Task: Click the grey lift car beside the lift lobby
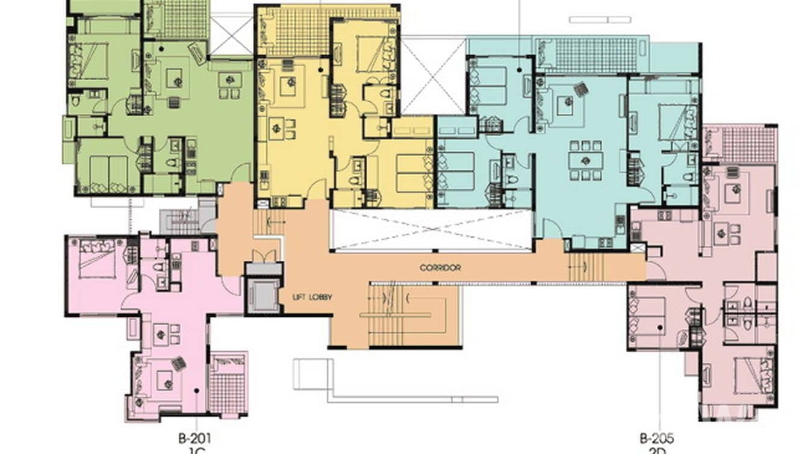pyautogui.click(x=263, y=296)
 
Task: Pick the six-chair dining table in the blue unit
pyautogui.click(x=585, y=161)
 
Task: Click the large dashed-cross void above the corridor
pyautogui.click(x=431, y=229)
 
